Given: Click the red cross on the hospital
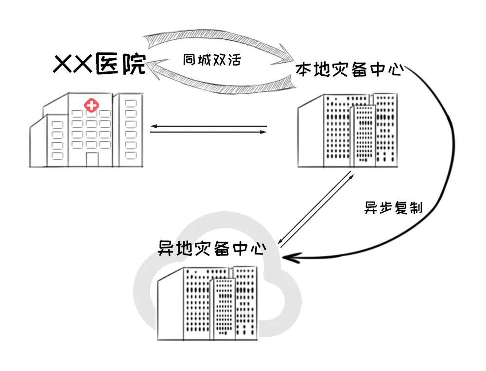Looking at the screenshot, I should pyautogui.click(x=90, y=104).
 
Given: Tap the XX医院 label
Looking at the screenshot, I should pyautogui.click(x=100, y=65).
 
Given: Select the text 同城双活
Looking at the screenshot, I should pyautogui.click(x=212, y=60).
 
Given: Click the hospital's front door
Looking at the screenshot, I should pyautogui.click(x=92, y=159).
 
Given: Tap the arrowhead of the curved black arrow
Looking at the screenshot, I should pyautogui.click(x=287, y=258).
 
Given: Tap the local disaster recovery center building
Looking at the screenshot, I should pyautogui.click(x=348, y=130).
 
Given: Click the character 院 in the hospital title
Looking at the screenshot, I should pyautogui.click(x=134, y=65).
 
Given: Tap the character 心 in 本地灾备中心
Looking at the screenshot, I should pyautogui.click(x=396, y=70).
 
